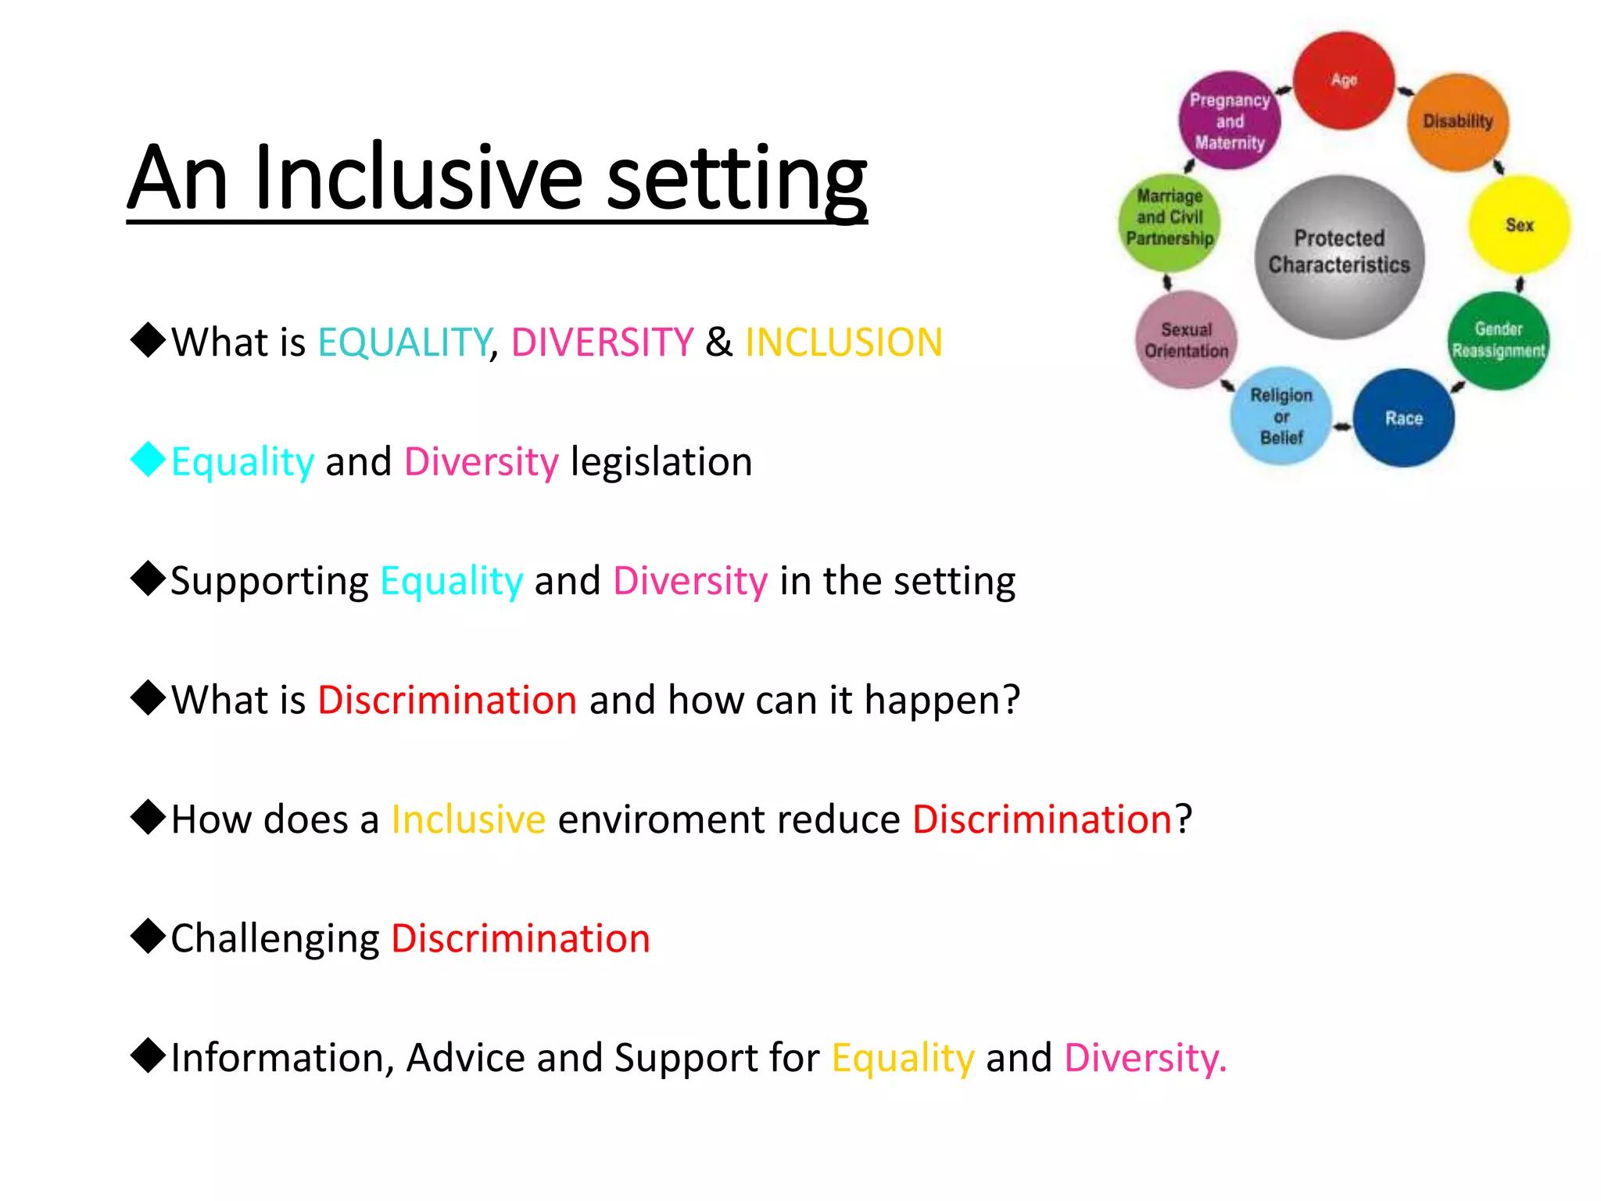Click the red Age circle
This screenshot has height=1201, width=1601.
coord(1344,81)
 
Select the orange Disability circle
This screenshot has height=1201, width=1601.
coord(1458,122)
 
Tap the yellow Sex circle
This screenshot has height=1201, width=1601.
coord(1519,225)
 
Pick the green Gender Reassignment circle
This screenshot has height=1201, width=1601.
coord(1498,341)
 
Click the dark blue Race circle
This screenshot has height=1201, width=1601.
coord(1404,418)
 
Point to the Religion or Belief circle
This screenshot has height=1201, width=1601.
coord(1281,416)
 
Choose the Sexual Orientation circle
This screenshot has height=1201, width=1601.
coord(1186,340)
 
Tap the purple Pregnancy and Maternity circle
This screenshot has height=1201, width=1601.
coord(1230,121)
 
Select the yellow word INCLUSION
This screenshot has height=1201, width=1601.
coord(843,342)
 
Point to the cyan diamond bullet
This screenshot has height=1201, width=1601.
coord(148,460)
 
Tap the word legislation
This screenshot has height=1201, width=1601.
coord(661,462)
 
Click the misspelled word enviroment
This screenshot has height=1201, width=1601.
coord(729,819)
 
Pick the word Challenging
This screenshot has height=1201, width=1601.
coord(275,939)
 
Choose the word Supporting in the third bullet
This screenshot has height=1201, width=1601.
coord(270,582)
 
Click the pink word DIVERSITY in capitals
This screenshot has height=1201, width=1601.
coord(602,342)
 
